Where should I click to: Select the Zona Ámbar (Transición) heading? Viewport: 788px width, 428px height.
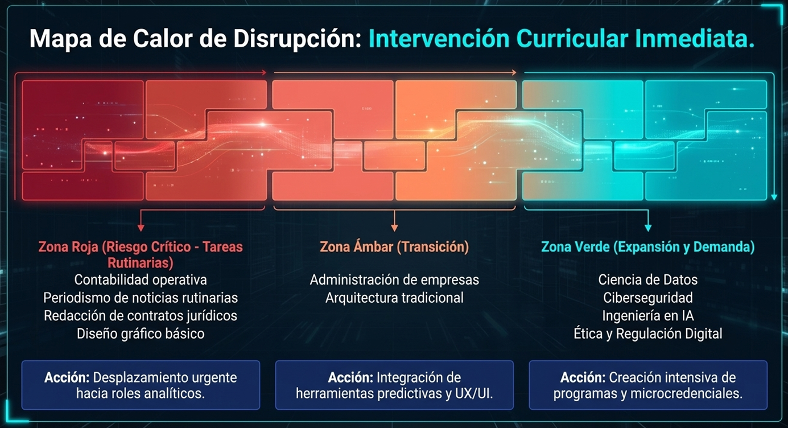394,247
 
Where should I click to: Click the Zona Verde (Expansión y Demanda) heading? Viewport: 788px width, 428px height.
647,247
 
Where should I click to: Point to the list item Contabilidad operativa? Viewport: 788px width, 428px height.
141,279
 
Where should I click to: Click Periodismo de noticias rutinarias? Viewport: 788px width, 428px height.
141,298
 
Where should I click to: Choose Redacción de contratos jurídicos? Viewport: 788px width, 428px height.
141,315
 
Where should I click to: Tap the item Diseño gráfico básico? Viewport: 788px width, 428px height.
141,334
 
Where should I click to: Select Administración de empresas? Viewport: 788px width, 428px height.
394,279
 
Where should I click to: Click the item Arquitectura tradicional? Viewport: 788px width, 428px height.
394,298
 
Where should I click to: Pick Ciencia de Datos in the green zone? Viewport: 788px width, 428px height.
647,279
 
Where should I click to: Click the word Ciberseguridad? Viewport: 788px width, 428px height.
647,298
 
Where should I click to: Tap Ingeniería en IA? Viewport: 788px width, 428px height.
647,315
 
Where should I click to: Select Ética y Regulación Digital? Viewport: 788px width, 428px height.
647,334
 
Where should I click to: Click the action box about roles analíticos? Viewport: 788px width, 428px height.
141,385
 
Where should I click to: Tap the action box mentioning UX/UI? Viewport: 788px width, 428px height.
394,385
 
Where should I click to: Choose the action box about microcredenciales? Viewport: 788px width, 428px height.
647,385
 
